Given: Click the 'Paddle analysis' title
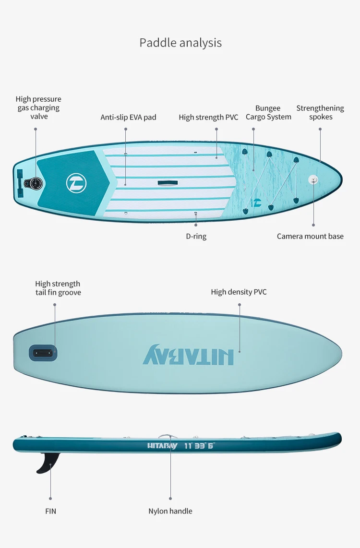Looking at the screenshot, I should point(180,43).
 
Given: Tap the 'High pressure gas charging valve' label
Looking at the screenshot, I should point(38,107).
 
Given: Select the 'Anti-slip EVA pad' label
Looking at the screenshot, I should point(128,117).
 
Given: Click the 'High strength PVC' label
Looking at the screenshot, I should point(208,117).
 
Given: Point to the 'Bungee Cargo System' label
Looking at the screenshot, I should point(268,113).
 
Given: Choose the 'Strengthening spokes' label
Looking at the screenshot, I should point(320,113).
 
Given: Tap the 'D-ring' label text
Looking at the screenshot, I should point(196,236).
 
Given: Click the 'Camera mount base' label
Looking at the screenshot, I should point(310,236).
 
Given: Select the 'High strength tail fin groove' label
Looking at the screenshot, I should point(58,288).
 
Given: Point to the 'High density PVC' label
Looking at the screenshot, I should point(239,292).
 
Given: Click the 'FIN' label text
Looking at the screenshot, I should point(50,511).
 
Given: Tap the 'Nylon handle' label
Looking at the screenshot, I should point(170,511).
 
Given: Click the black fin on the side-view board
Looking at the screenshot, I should point(48,462).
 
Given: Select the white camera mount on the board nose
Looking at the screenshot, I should point(313,179).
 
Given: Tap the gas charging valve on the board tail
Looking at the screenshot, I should point(35,183).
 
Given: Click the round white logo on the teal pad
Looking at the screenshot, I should point(76,183).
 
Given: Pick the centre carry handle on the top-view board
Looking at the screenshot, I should point(167,182).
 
